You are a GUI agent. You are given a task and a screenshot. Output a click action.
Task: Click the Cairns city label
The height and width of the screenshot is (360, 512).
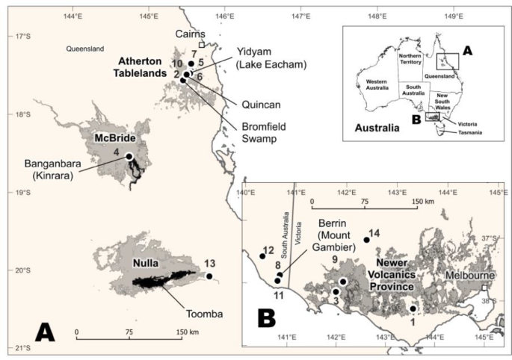[x=189, y=34]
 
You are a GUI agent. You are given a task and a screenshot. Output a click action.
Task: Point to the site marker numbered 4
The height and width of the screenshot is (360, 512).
[x=129, y=156]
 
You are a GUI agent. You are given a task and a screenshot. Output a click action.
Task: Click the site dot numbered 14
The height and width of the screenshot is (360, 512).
[x=366, y=240]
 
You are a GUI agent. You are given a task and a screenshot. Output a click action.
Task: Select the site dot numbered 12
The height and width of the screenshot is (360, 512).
[x=262, y=256]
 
